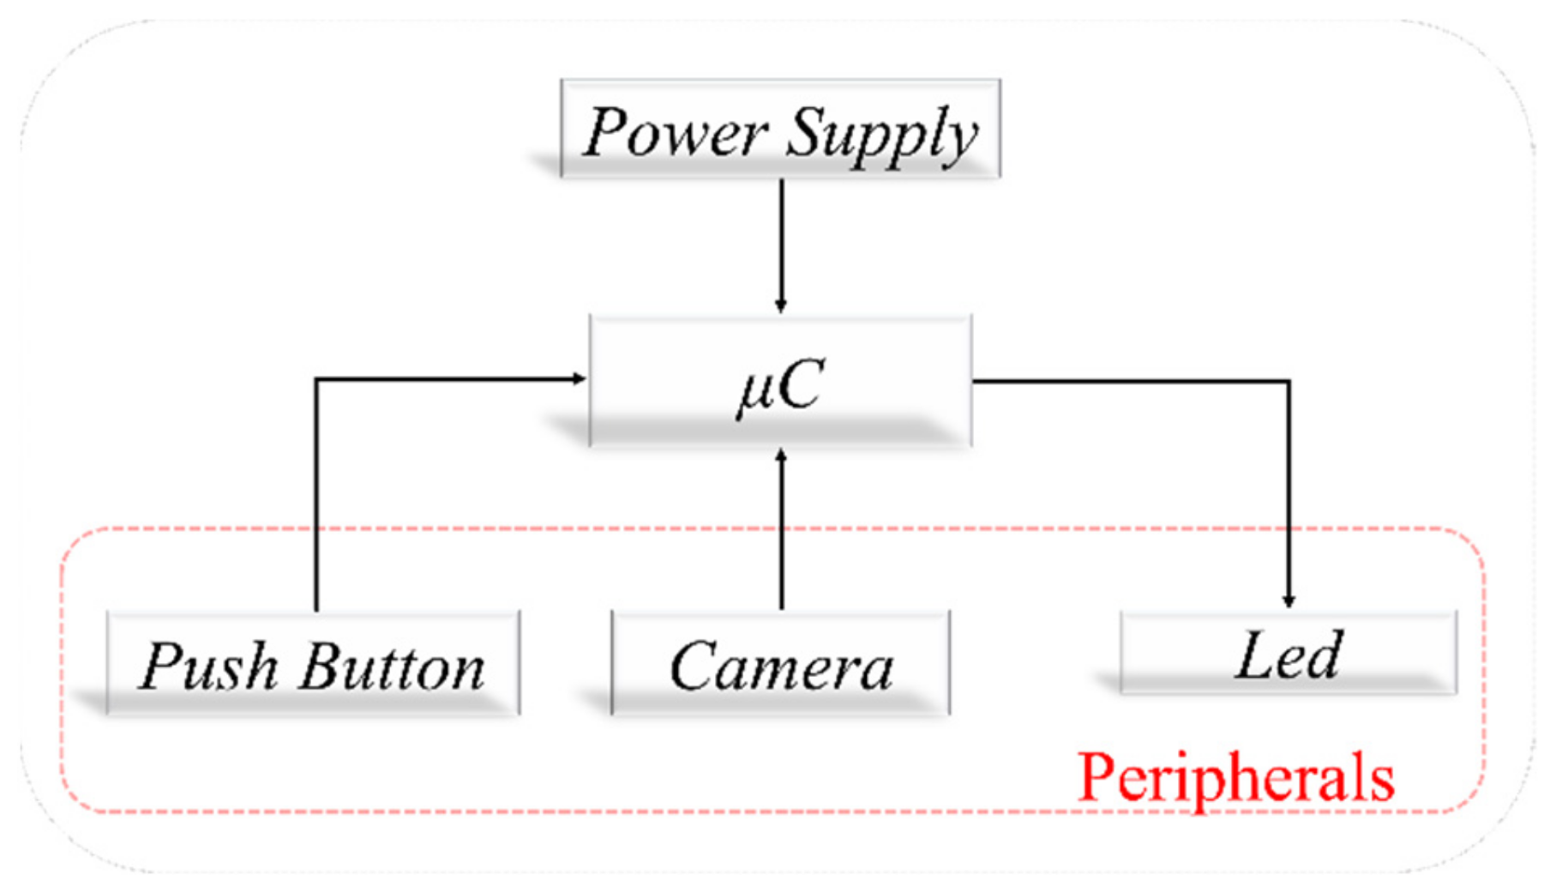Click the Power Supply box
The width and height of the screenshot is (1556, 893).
(780, 129)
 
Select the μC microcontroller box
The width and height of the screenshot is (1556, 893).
(780, 382)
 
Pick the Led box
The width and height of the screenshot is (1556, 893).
(1288, 654)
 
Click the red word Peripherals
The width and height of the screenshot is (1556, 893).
(1235, 777)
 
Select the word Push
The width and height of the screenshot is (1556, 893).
(209, 667)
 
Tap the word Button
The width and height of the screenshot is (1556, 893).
(392, 667)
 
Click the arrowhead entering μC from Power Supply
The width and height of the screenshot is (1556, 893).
(781, 306)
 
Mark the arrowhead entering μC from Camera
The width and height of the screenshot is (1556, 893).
(781, 455)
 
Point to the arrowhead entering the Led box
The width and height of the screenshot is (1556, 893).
(1289, 602)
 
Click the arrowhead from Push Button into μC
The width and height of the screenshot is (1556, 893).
(580, 378)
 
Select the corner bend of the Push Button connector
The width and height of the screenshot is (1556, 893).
(317, 378)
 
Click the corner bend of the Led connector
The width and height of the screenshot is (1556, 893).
(1289, 381)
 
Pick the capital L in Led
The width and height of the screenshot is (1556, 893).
(1254, 655)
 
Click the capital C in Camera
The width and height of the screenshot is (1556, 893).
(694, 667)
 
